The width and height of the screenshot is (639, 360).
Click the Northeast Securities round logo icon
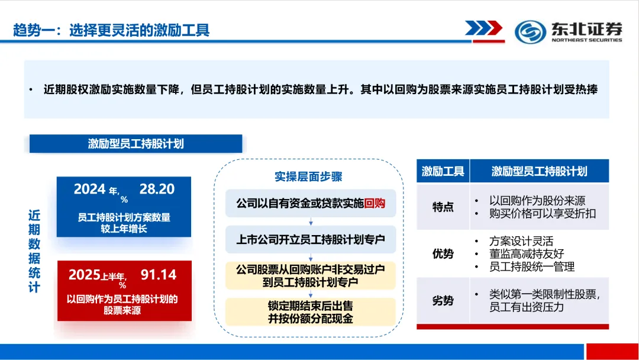tap(530, 31)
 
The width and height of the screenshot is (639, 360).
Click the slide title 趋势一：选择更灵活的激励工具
tap(111, 30)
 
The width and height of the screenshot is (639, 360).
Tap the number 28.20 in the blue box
tap(157, 189)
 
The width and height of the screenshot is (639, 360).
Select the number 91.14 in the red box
tap(158, 275)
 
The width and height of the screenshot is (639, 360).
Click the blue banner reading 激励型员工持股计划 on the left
tap(135, 144)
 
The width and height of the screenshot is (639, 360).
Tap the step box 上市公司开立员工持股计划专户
tap(311, 240)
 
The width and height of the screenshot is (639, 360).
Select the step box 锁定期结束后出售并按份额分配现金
tap(311, 312)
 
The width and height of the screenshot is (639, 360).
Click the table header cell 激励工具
tap(443, 172)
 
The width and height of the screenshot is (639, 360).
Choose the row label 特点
tap(443, 207)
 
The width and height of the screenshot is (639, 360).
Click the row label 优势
tap(443, 254)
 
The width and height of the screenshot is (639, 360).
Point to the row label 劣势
tap(443, 301)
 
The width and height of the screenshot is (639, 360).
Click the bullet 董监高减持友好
tap(525, 254)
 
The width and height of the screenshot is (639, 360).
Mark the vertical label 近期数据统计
tap(34, 251)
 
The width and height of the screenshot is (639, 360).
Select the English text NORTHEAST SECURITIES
tap(586, 40)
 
